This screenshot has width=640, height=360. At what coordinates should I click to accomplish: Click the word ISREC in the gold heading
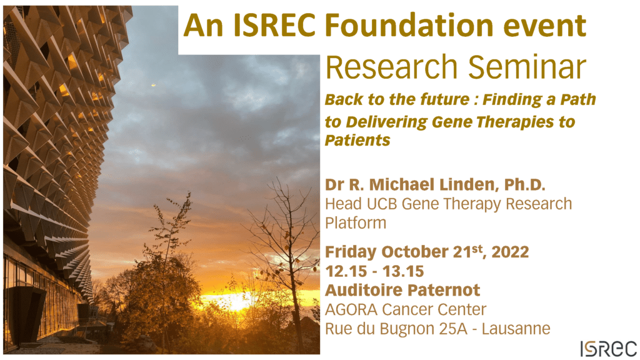point(274,25)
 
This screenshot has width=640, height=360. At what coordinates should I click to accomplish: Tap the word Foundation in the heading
point(411,25)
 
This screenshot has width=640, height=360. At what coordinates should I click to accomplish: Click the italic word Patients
point(357,141)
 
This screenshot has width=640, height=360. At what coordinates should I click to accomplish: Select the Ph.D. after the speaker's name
point(525,185)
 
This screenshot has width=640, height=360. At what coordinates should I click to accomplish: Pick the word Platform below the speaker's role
point(356,223)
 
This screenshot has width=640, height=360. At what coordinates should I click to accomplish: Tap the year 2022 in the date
point(510,252)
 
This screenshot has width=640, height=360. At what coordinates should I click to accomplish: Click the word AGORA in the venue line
point(351,309)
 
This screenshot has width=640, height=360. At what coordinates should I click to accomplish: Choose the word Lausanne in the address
point(516,329)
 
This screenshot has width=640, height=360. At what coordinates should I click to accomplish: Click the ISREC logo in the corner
point(609,349)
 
